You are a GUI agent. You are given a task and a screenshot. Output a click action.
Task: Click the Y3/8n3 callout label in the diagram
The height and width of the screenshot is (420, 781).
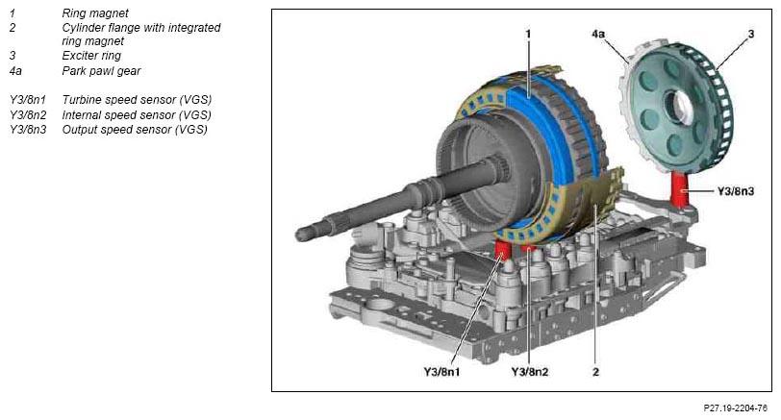coord(735,191)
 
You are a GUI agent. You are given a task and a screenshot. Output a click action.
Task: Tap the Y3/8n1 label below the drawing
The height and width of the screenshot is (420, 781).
coord(441,372)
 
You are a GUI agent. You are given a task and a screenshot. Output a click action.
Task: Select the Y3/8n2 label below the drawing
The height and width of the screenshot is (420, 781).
coord(529,372)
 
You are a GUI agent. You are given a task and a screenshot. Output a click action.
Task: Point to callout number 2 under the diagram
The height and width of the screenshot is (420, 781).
coord(595,372)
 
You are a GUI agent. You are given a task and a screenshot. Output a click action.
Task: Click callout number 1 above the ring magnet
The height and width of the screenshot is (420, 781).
coord(528,34)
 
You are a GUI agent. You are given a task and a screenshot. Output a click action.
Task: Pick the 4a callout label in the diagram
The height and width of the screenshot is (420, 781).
coord(597,34)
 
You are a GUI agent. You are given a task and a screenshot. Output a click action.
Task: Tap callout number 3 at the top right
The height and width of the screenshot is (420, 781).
coord(751,34)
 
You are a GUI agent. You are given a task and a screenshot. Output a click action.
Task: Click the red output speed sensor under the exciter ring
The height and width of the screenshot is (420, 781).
coord(678,189)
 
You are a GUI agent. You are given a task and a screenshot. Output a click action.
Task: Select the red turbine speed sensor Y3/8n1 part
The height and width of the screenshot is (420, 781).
coord(503,250)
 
